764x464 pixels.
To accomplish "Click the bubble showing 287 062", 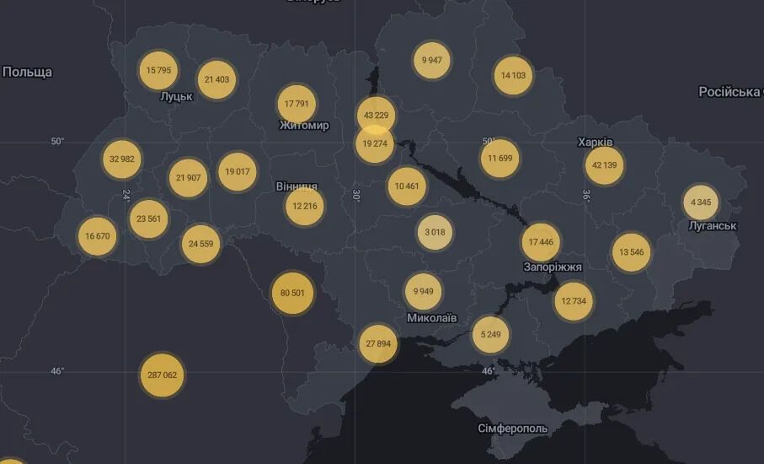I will tap(162, 375).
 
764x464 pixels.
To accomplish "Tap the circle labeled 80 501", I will tap(292, 293).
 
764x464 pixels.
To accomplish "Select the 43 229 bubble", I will tap(376, 116).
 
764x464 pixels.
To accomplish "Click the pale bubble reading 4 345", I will tap(701, 202).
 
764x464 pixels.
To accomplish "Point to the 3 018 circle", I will tap(435, 232).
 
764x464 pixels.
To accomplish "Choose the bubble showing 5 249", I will tap(490, 334).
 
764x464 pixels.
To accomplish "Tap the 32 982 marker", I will tap(122, 159).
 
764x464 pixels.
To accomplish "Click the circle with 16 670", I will tap(97, 236).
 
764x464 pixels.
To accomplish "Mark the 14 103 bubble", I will tap(513, 75).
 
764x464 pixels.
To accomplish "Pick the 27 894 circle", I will tap(378, 344).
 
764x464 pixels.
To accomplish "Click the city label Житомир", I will tap(303, 126).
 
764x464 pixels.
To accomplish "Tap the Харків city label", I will tap(595, 142).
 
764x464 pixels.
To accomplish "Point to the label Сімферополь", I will tap(512, 429).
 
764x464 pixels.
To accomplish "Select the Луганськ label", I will tap(712, 226).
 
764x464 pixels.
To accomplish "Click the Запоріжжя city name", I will tap(553, 267).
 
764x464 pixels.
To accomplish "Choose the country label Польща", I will tap(27, 72).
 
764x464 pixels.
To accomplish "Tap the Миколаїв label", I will tap(431, 318).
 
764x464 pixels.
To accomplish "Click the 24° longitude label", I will tap(126, 195).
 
